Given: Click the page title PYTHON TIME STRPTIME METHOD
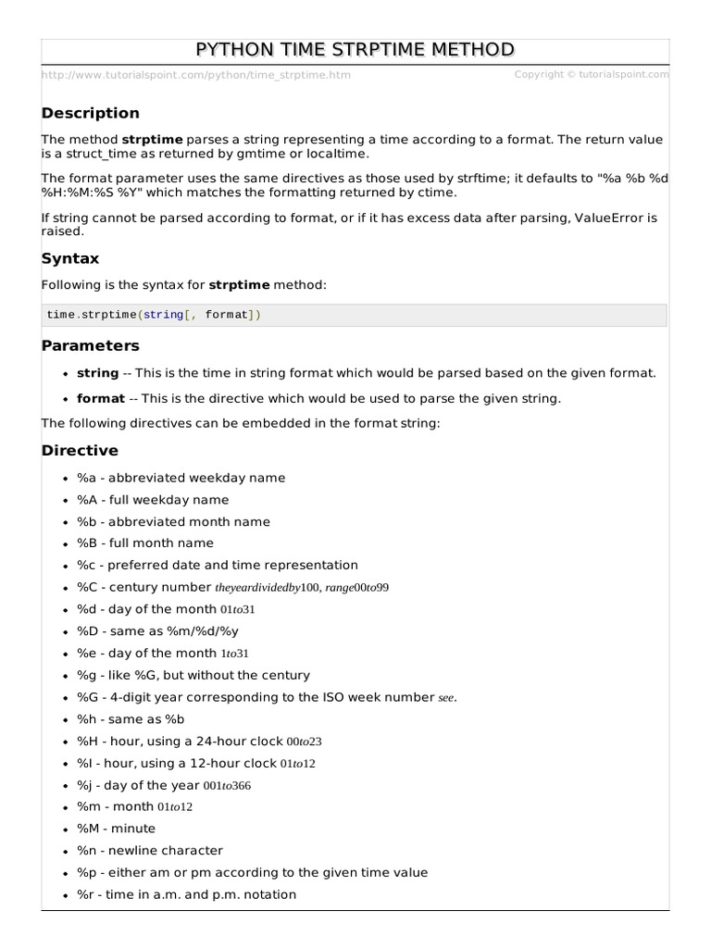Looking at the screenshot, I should click(x=355, y=50).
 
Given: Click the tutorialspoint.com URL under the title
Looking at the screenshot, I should click(x=196, y=75).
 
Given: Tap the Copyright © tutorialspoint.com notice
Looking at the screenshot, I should click(x=591, y=75).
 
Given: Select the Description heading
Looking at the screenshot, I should click(x=91, y=113).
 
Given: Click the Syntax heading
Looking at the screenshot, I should click(x=70, y=258).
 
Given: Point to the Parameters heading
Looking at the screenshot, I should click(x=91, y=345).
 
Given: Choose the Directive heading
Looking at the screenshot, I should click(x=81, y=451).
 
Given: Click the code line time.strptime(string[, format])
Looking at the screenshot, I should click(x=154, y=315).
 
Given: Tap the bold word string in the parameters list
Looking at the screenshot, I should click(x=97, y=373).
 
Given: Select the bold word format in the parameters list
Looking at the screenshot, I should click(x=100, y=398).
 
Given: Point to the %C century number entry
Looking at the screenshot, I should click(x=232, y=587).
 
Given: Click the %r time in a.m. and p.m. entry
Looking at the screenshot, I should click(x=187, y=894).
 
